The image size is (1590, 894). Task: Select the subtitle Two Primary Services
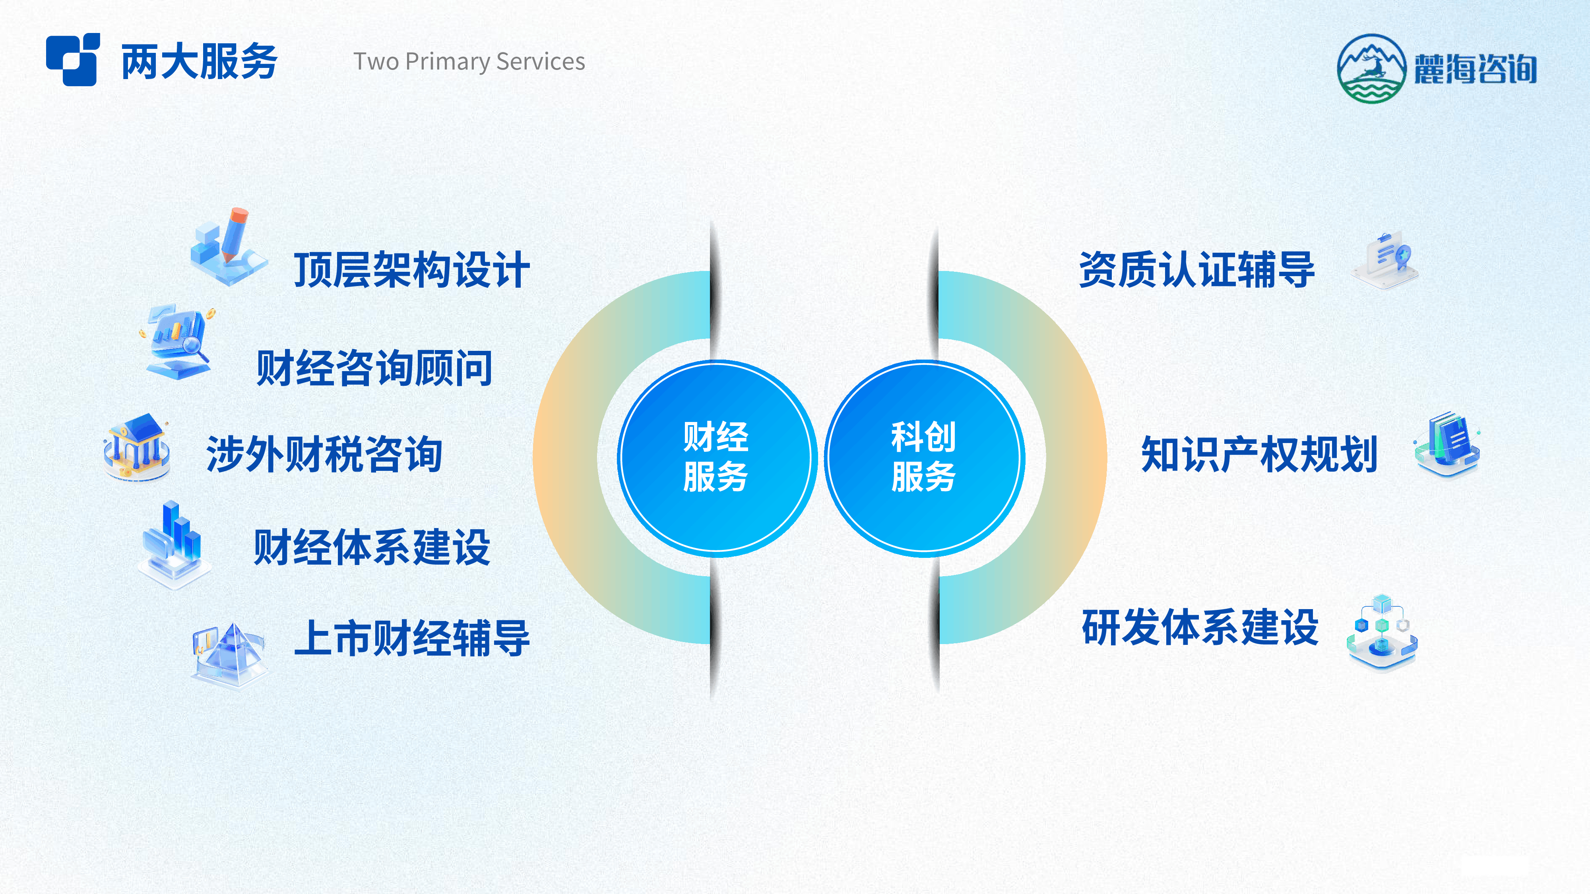(469, 61)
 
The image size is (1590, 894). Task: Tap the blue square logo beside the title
(73, 59)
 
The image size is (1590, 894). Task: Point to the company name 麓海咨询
(1475, 68)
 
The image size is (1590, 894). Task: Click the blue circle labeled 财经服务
(716, 457)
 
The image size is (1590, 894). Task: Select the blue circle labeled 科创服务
(923, 457)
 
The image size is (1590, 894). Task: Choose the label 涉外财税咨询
(324, 455)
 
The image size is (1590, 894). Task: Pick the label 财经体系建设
(372, 547)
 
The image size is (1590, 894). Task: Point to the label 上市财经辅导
(412, 638)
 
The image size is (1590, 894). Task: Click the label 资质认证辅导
(1197, 270)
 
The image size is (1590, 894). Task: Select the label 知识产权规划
(1259, 455)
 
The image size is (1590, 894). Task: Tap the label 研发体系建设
(1200, 627)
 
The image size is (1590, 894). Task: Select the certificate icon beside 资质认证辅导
(1384, 260)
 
